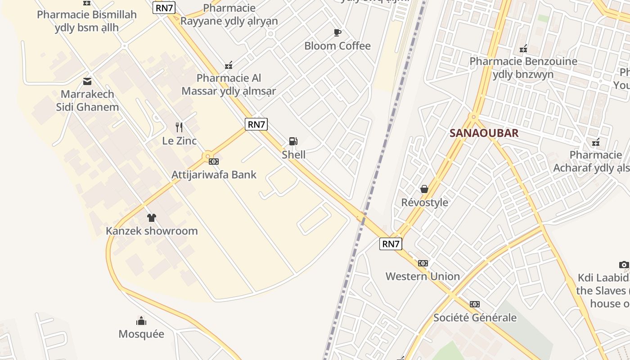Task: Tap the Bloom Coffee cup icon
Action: [x=337, y=32]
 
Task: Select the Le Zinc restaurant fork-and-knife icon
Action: [x=179, y=127]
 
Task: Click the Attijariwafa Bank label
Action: [x=214, y=175]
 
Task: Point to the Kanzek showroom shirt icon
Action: [x=151, y=218]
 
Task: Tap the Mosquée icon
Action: [x=141, y=321]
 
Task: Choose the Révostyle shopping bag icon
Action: [x=424, y=189]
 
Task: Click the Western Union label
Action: [x=423, y=276]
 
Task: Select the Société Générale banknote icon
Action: [x=474, y=304]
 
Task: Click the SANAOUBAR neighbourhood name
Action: [x=484, y=133]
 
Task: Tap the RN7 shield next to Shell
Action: [x=256, y=124]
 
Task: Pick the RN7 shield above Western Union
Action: [x=390, y=244]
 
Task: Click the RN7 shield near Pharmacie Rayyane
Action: [x=164, y=8]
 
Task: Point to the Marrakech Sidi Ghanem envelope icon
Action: [x=87, y=81]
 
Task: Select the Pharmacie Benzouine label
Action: [x=523, y=67]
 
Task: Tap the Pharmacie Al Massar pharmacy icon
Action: [x=229, y=65]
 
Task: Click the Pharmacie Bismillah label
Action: [x=87, y=21]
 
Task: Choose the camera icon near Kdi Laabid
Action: [x=624, y=265]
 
